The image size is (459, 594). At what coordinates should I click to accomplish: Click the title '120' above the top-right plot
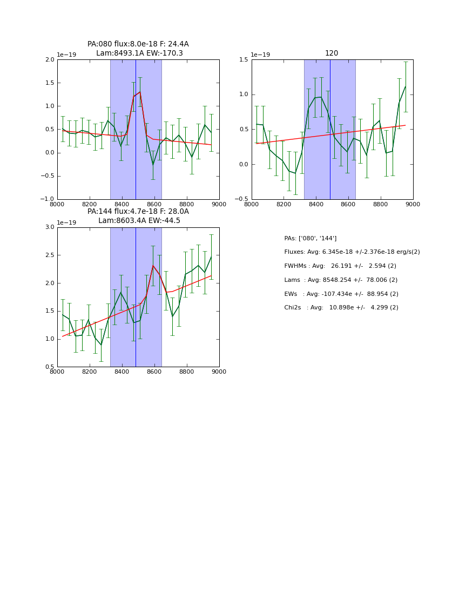click(x=332, y=53)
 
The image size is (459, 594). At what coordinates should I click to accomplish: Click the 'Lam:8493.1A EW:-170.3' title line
click(x=139, y=53)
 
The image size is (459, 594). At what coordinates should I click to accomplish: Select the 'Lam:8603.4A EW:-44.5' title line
click(x=139, y=221)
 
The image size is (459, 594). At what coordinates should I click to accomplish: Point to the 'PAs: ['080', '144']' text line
click(x=310, y=239)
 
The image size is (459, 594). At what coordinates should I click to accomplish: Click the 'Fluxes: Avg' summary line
click(x=352, y=252)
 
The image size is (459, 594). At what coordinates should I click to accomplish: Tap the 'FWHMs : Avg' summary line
click(x=340, y=266)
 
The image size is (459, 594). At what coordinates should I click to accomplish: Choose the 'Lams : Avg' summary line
click(x=341, y=280)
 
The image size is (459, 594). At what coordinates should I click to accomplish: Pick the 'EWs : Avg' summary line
click(x=341, y=294)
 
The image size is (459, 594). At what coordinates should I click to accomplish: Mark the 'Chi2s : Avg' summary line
click(x=341, y=308)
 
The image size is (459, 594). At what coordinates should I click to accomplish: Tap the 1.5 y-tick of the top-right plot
click(x=243, y=60)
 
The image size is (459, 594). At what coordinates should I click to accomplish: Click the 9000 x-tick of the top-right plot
click(x=413, y=205)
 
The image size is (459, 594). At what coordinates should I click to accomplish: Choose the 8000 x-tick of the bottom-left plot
click(x=57, y=372)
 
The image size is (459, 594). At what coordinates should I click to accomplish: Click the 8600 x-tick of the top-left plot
click(x=154, y=205)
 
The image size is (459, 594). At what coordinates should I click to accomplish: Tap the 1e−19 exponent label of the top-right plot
click(x=260, y=55)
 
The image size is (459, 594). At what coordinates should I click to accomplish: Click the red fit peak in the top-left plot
click(x=140, y=92)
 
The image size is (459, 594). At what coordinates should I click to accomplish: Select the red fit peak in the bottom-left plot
click(x=153, y=265)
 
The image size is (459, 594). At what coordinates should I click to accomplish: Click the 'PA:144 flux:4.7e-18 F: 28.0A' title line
click(x=138, y=212)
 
